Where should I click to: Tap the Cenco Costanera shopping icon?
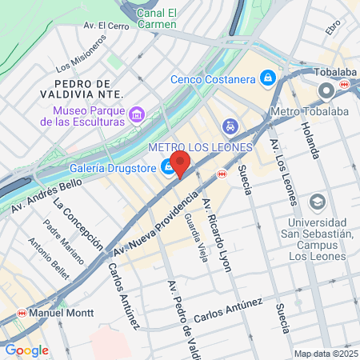[269, 78]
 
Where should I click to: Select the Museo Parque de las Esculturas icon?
[137, 115]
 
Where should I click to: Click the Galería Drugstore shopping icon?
[168, 167]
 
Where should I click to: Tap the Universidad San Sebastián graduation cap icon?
[317, 202]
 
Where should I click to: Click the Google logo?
[26, 350]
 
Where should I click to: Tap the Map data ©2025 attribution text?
[325, 354]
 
